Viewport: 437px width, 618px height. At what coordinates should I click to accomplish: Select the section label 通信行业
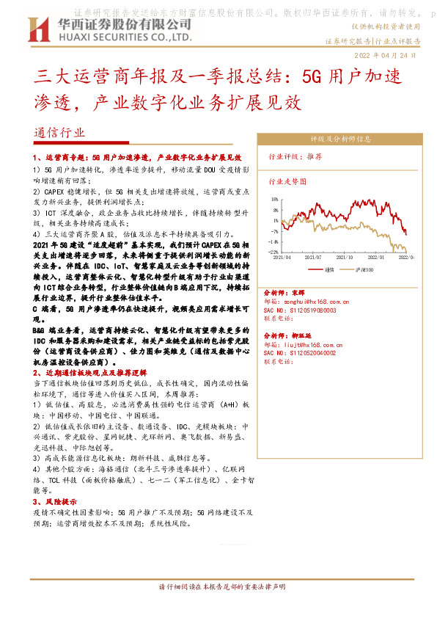click(x=59, y=133)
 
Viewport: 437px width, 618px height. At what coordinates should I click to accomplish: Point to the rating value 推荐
click(x=315, y=156)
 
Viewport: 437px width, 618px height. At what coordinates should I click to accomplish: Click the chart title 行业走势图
click(x=288, y=181)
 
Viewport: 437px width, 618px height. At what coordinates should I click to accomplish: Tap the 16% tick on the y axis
click(x=274, y=199)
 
